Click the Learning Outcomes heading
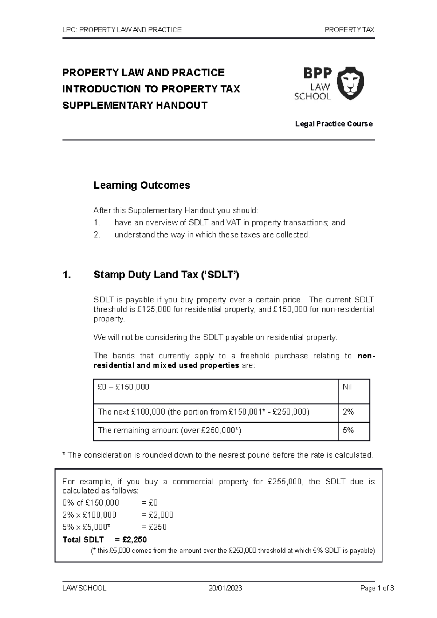click(142, 185)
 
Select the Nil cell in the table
click(347, 387)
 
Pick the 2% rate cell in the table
click(348, 412)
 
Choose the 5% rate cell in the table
click(348, 430)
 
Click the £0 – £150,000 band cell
click(123, 387)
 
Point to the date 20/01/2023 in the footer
click(225, 588)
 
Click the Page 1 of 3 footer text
click(377, 588)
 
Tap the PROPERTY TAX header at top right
click(349, 30)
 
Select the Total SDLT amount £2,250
click(134, 539)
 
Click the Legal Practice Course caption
click(334, 124)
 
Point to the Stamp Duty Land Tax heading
click(166, 275)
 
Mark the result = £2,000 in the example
click(157, 515)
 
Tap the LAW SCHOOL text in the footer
click(84, 588)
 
